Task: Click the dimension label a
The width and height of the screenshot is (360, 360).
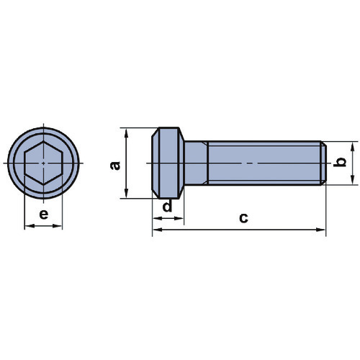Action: [x=115, y=166]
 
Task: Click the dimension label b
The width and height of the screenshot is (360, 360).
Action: [x=340, y=162]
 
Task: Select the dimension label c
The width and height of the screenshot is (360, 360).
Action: [x=243, y=218]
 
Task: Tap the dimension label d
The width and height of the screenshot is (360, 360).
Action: [x=167, y=206]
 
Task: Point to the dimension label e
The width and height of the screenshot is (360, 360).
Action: [x=44, y=214]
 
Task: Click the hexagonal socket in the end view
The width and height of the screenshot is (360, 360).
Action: [x=43, y=163]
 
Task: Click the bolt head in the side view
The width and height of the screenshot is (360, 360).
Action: [x=168, y=163]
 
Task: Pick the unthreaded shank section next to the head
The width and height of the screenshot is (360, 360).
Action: [x=196, y=163]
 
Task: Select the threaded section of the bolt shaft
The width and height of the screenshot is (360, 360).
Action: [x=264, y=163]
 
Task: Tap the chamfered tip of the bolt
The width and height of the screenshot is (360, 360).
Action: [x=323, y=163]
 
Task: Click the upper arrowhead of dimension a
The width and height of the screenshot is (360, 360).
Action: [x=127, y=132]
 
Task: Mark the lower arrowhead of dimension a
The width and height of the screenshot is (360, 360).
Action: [x=127, y=194]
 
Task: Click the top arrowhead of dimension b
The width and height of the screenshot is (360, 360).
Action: [x=352, y=146]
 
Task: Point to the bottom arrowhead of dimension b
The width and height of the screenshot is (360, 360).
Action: [x=352, y=180]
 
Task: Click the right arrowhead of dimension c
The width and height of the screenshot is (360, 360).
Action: [x=321, y=230]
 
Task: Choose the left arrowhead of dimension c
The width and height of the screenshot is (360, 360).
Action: [x=158, y=230]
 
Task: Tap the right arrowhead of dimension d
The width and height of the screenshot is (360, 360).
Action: [x=179, y=218]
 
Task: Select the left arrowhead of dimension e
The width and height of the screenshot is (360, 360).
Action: [x=30, y=226]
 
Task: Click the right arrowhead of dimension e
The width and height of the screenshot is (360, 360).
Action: [x=58, y=226]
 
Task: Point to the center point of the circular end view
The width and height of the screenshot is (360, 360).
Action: [x=43, y=163]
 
